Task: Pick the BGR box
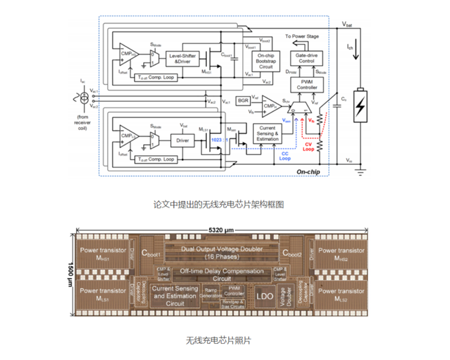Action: pyautogui.click(x=242, y=100)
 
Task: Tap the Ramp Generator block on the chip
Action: pyautogui.click(x=213, y=292)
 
